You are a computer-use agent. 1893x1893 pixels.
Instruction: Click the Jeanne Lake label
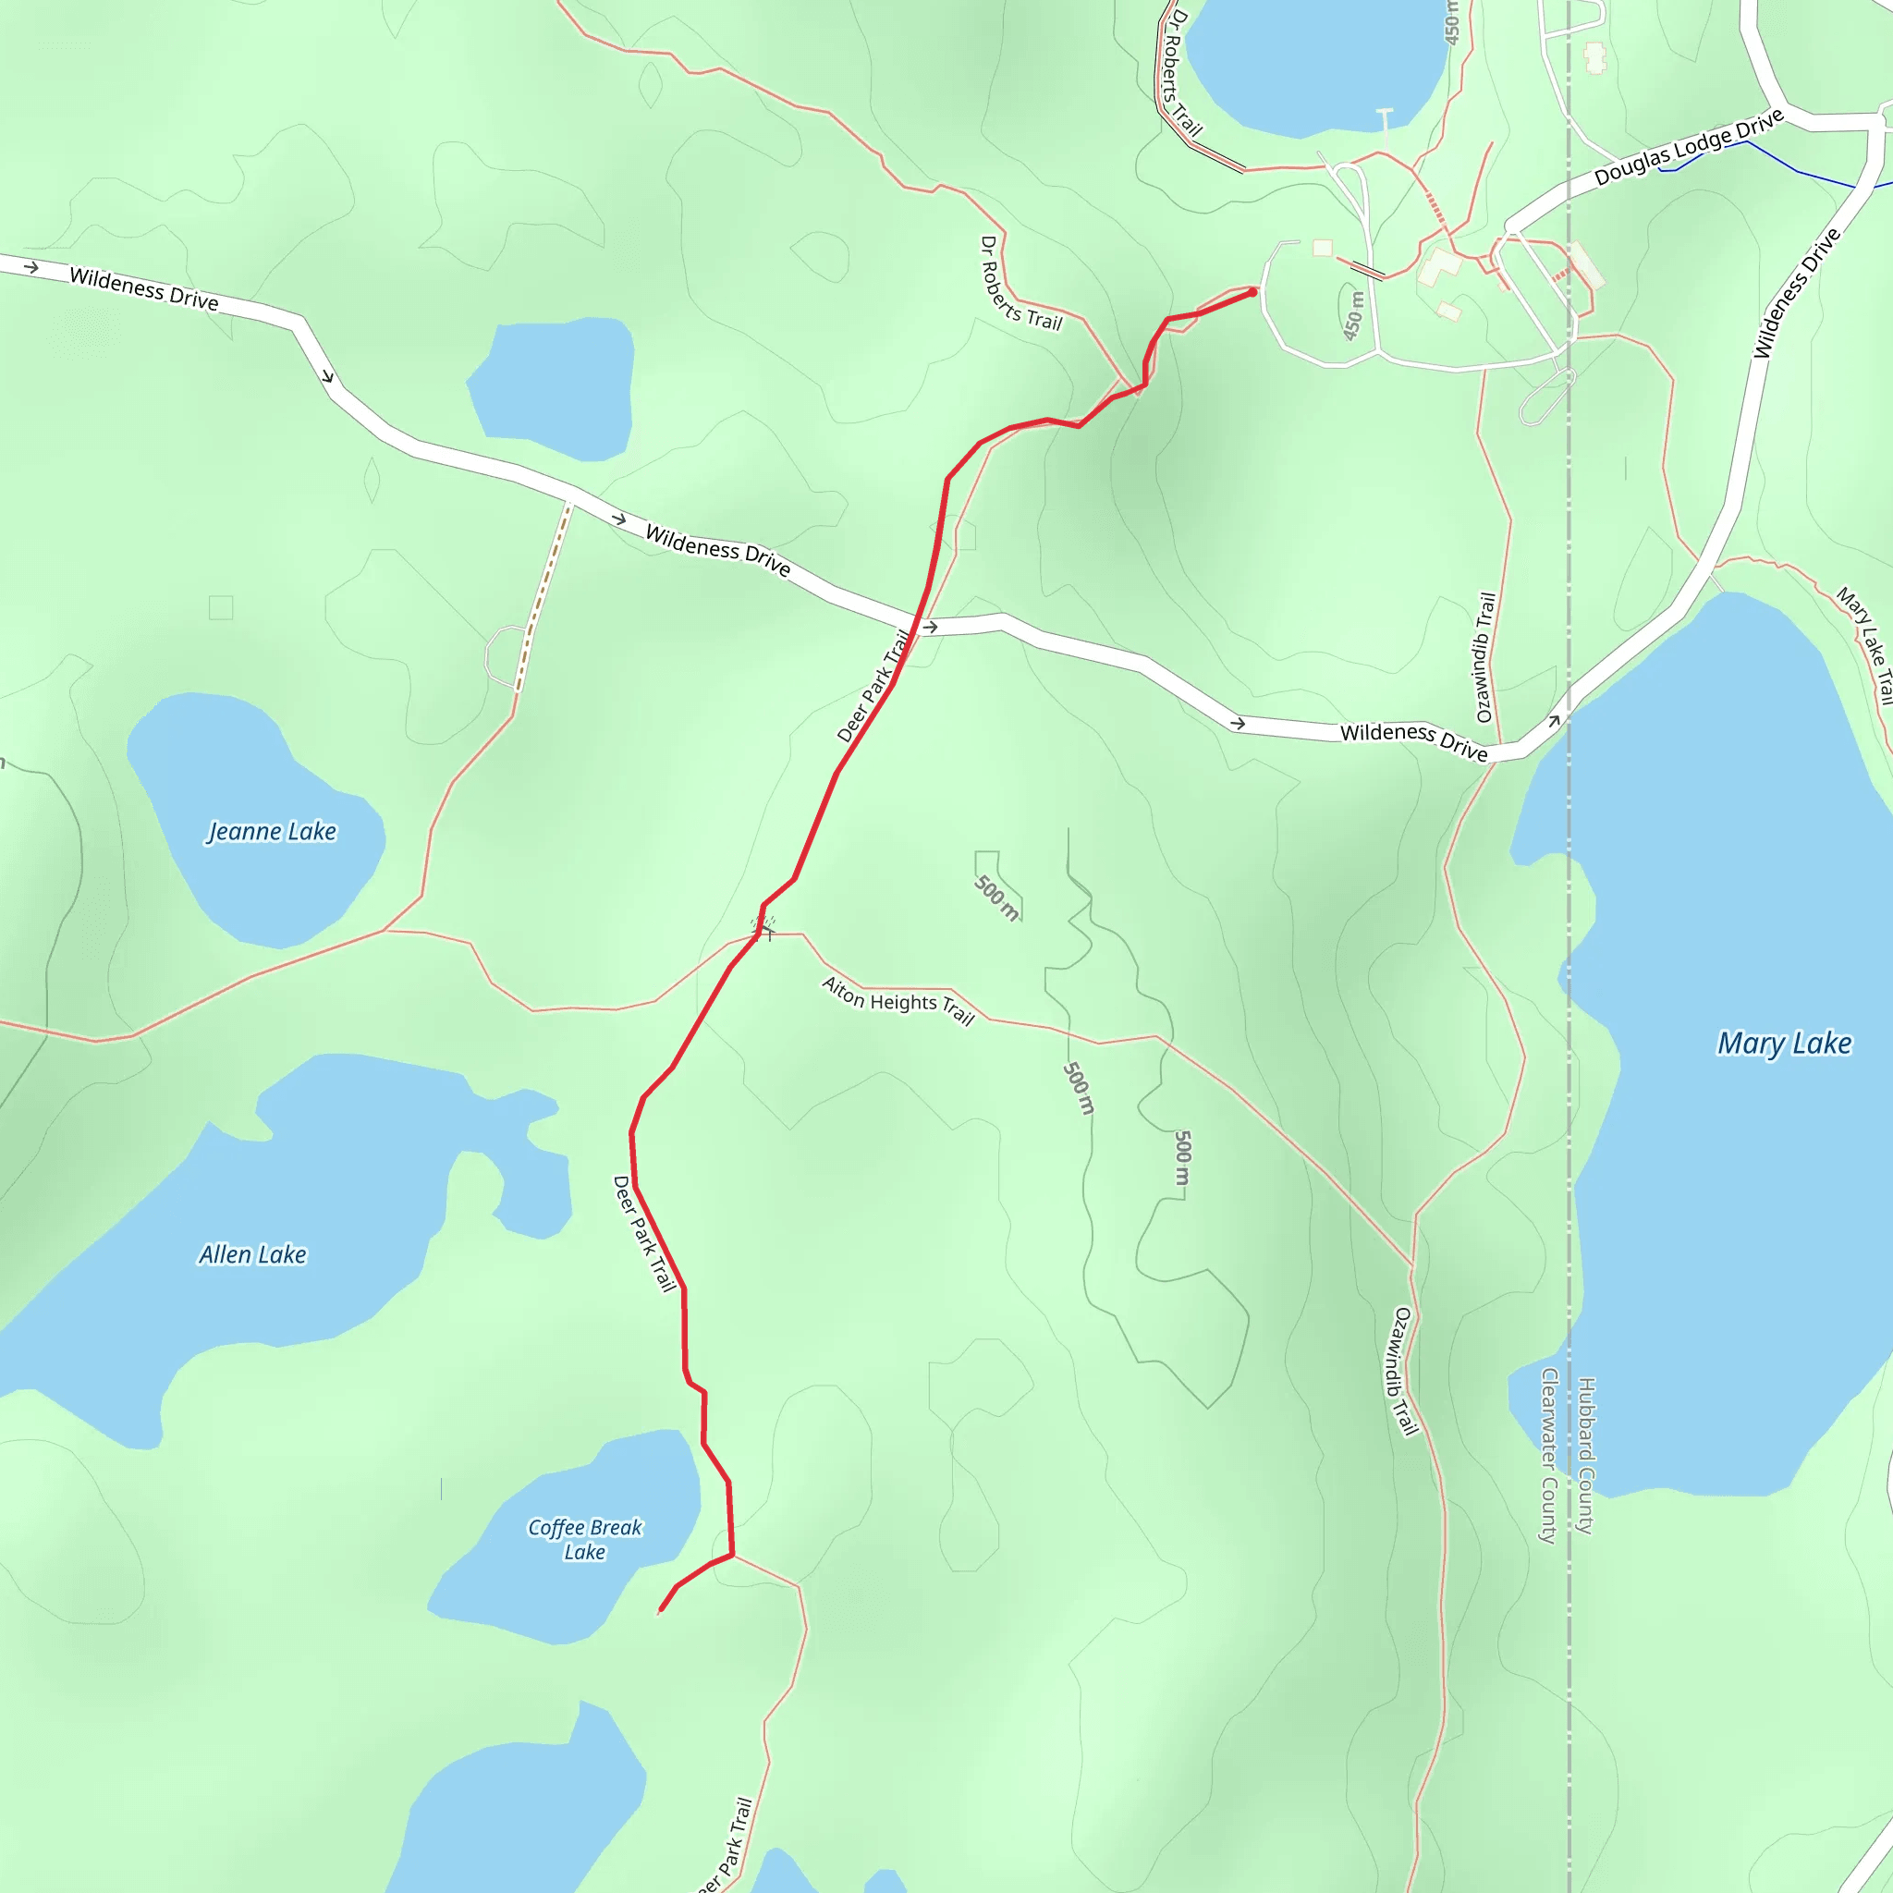(272, 832)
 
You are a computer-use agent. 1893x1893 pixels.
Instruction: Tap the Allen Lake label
(252, 1255)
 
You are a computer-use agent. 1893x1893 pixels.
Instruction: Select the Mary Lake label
(1784, 1044)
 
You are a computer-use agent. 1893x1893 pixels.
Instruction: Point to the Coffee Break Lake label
(585, 1539)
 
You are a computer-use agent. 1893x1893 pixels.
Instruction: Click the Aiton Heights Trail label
(898, 1001)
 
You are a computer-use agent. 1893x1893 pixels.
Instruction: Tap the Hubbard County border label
(1586, 1455)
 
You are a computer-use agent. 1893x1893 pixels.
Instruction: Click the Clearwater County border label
(1549, 1456)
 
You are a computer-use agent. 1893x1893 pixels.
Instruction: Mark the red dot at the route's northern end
(1252, 292)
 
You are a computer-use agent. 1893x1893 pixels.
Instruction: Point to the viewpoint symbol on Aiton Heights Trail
(763, 926)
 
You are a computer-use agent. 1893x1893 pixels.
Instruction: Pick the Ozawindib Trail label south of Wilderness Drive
(1402, 1372)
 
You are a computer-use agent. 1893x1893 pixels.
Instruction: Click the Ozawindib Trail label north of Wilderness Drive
(1485, 657)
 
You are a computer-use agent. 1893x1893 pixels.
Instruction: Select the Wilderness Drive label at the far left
(144, 289)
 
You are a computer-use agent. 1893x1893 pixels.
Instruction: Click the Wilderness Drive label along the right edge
(1796, 293)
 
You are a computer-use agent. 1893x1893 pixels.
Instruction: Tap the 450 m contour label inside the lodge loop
(1353, 315)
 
